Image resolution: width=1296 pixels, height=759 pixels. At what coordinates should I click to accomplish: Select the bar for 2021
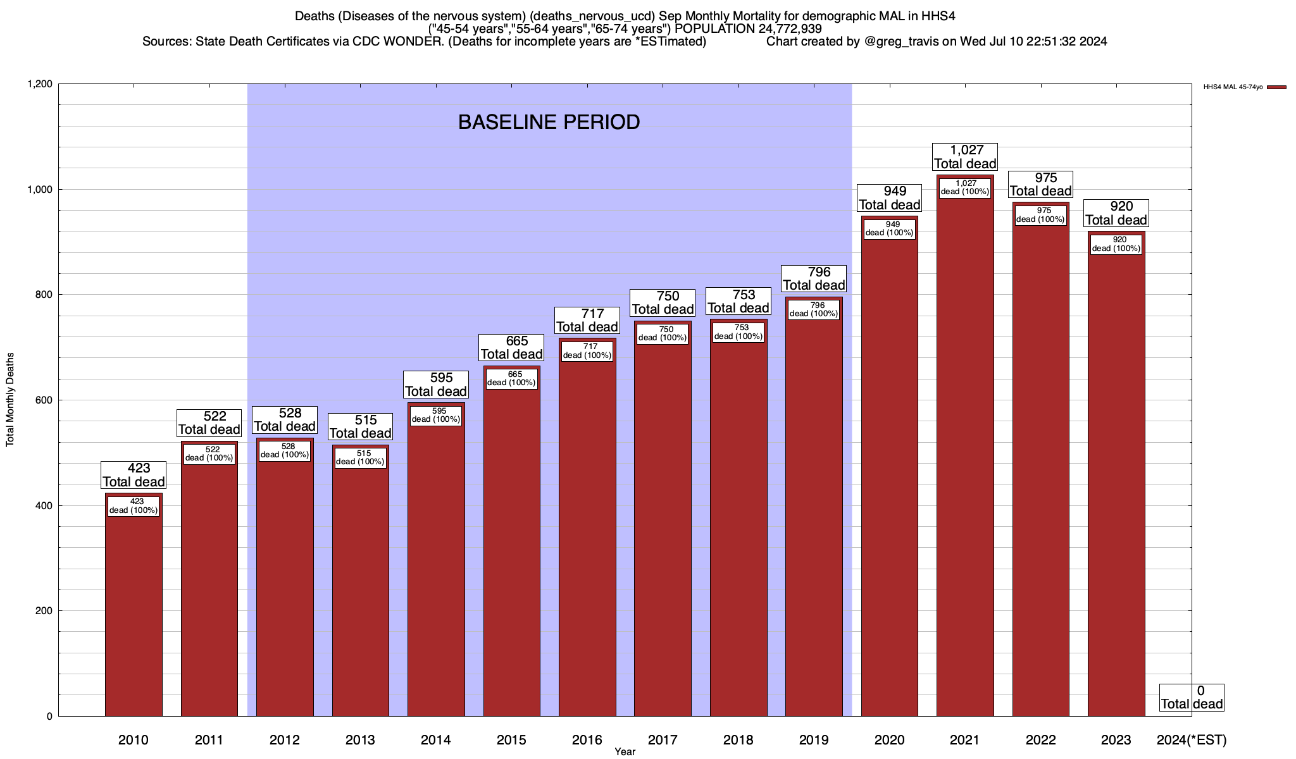point(965,455)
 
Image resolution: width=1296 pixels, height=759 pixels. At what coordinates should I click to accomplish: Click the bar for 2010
point(134,614)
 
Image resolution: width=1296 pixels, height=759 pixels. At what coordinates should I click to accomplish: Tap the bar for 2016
point(587,538)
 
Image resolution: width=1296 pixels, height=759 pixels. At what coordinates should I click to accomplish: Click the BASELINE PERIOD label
point(549,122)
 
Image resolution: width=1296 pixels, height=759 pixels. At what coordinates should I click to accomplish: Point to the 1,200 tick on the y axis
point(40,84)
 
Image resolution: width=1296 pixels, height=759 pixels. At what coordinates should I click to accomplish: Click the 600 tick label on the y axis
point(44,400)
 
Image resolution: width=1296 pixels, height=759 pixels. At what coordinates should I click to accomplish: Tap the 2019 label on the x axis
point(814,740)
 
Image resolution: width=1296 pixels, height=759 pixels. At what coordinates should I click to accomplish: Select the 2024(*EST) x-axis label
point(1191,740)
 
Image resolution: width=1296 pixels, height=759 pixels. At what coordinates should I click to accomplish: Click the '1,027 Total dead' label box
point(965,157)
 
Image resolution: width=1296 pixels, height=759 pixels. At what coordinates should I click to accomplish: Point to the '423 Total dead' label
point(134,475)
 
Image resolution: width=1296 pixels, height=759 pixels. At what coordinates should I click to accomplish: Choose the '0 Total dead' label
point(1192,698)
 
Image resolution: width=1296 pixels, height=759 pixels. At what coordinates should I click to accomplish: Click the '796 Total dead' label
point(814,279)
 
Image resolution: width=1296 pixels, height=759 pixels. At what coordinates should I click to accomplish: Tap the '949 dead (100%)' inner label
point(890,228)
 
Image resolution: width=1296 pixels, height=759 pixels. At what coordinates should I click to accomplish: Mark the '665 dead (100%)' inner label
point(511,378)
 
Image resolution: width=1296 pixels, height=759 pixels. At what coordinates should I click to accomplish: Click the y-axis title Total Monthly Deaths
point(10,400)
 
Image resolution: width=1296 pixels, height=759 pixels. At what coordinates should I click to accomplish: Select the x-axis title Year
point(625,752)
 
